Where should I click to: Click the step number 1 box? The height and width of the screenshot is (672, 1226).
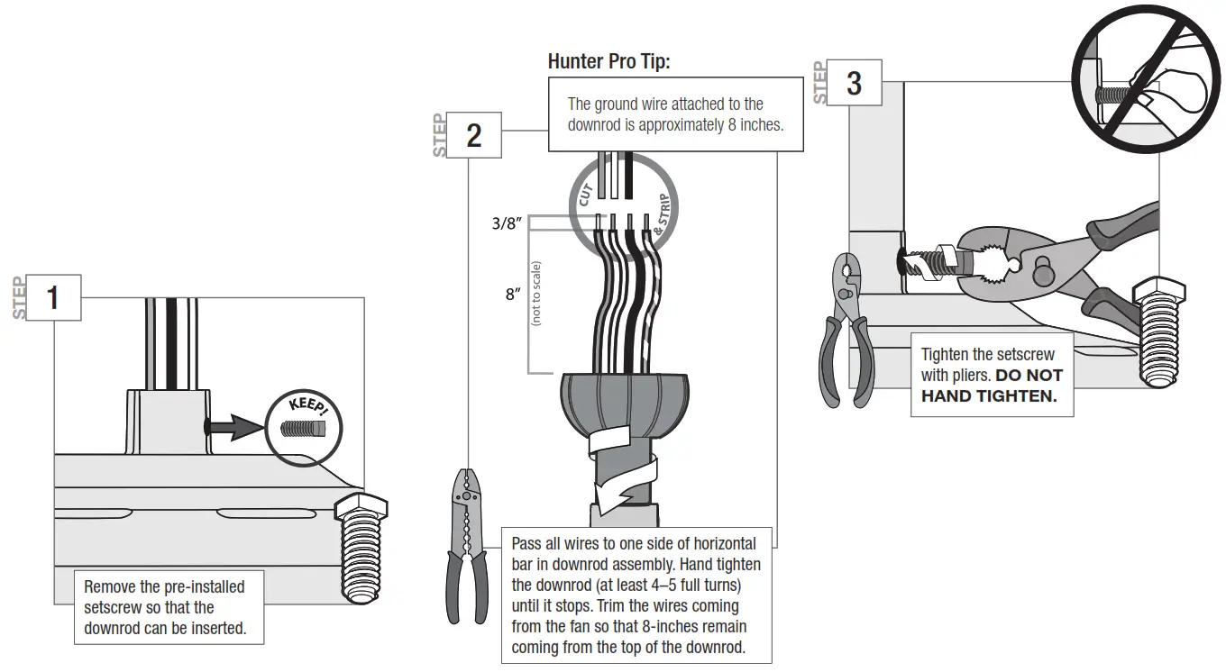click(x=53, y=298)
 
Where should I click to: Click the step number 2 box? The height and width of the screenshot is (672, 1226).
click(x=473, y=135)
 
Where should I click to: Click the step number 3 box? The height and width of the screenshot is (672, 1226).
click(x=853, y=83)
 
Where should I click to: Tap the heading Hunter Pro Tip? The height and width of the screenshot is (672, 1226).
click(x=609, y=62)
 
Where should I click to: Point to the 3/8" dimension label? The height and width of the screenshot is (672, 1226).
click(x=507, y=223)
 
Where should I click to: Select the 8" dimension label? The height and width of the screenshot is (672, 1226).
click(x=513, y=295)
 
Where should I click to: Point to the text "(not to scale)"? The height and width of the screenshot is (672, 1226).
click(x=536, y=293)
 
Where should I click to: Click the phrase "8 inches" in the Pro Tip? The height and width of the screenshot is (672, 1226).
click(x=754, y=125)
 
